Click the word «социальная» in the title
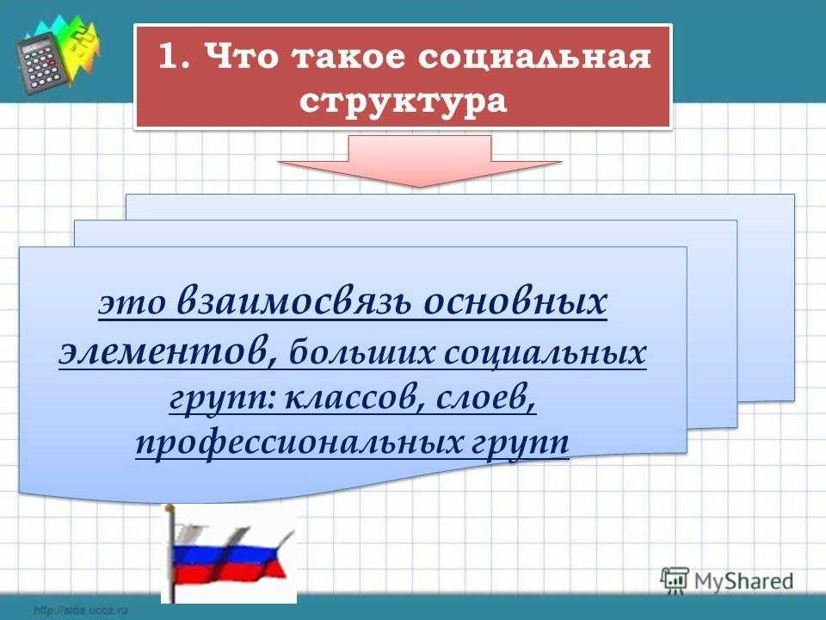pos(534,57)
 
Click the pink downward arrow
pos(419,161)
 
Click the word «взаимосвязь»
pos(294,302)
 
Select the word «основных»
pos(515,302)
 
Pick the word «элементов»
pos(169,352)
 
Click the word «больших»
pos(362,351)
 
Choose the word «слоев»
pos(486,400)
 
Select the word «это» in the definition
pos(132,304)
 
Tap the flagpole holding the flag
pos(170,554)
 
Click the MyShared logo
pos(727,581)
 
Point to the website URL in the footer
pos(81,611)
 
